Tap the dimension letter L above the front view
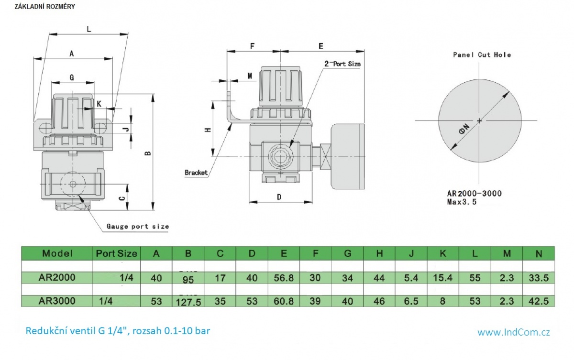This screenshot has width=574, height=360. pos(88,29)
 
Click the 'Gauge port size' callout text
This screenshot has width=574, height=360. pos(137,226)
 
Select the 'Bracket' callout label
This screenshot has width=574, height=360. pos(196,173)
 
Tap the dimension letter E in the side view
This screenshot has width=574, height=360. pos(321,46)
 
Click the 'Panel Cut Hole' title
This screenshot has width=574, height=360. pos(482,55)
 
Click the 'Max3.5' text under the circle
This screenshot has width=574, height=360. pos(462,202)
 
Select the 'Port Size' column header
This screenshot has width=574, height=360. pos(116,253)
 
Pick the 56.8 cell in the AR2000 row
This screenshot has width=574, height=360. pos(284,278)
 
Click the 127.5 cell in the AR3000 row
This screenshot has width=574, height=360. pos(188,302)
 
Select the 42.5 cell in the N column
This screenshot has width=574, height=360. pos(539,301)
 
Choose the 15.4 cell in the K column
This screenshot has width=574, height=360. pos(443,278)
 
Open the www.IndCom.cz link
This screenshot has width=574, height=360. pos(513,332)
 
